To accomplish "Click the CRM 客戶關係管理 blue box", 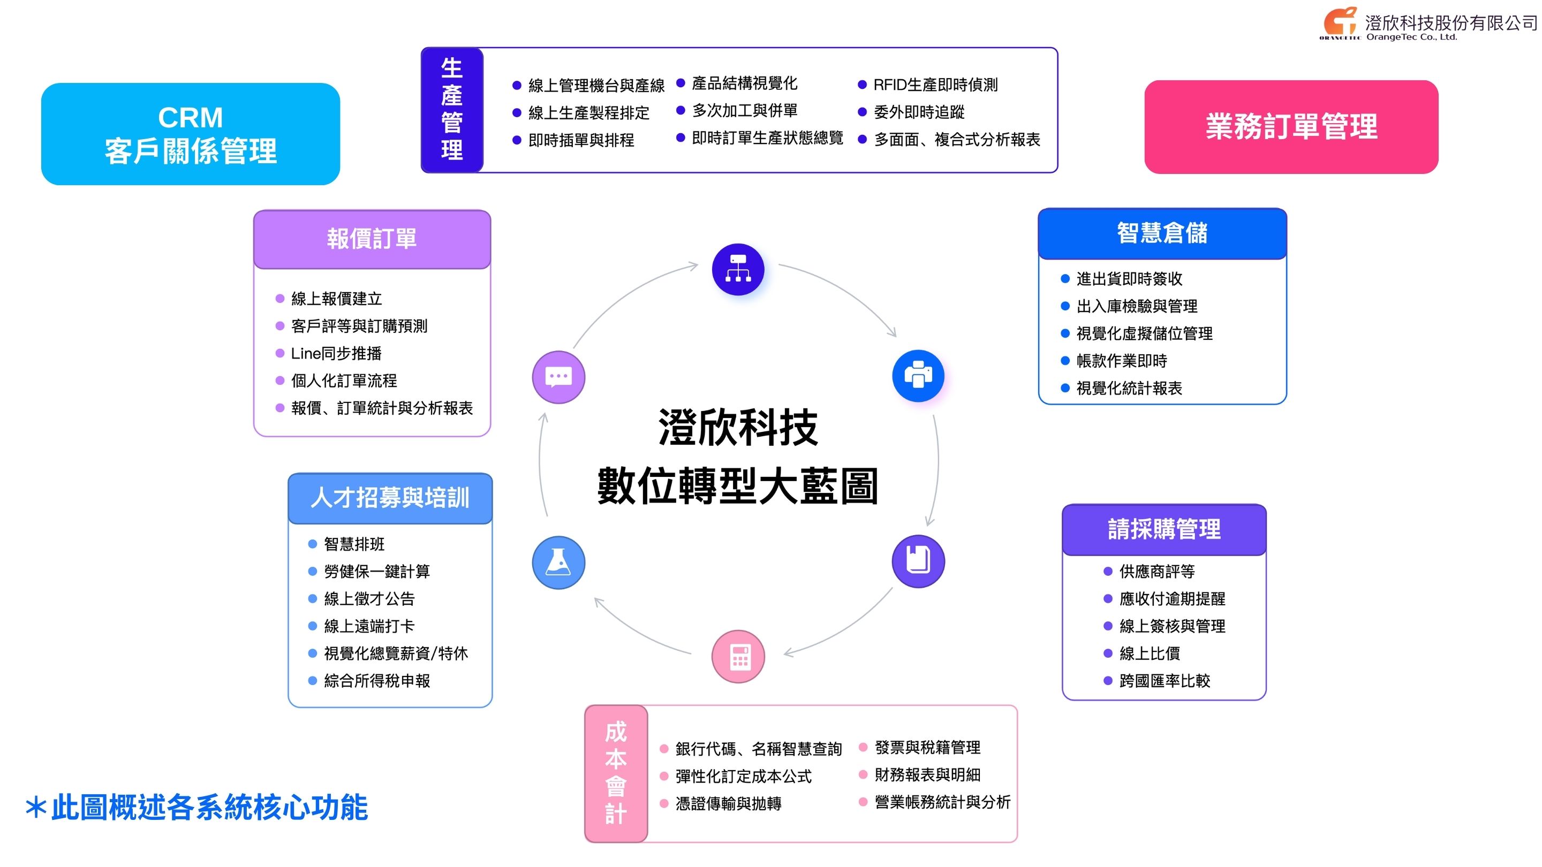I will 191,134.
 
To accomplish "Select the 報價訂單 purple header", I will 372,239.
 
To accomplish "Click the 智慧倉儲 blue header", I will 1162,233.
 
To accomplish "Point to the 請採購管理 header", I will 1163,529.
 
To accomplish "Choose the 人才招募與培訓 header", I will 390,498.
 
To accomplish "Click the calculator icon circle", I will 738,656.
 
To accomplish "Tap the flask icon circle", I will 558,562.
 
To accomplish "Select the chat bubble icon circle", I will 558,377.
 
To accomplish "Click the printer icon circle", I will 918,376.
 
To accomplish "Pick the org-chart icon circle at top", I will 738,269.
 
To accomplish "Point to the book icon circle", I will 918,561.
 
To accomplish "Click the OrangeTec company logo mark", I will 1340,22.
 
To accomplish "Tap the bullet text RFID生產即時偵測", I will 935,85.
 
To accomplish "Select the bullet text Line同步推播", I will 336,354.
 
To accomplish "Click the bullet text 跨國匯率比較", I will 1165,681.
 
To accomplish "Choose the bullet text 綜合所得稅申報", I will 376,681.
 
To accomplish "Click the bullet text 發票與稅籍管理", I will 927,747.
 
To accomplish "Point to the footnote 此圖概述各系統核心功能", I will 208,808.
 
